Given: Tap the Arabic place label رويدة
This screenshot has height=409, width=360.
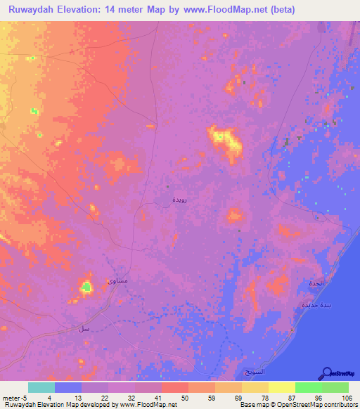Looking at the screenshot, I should (179, 200).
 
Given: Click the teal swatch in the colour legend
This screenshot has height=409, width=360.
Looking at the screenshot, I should (41, 387).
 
